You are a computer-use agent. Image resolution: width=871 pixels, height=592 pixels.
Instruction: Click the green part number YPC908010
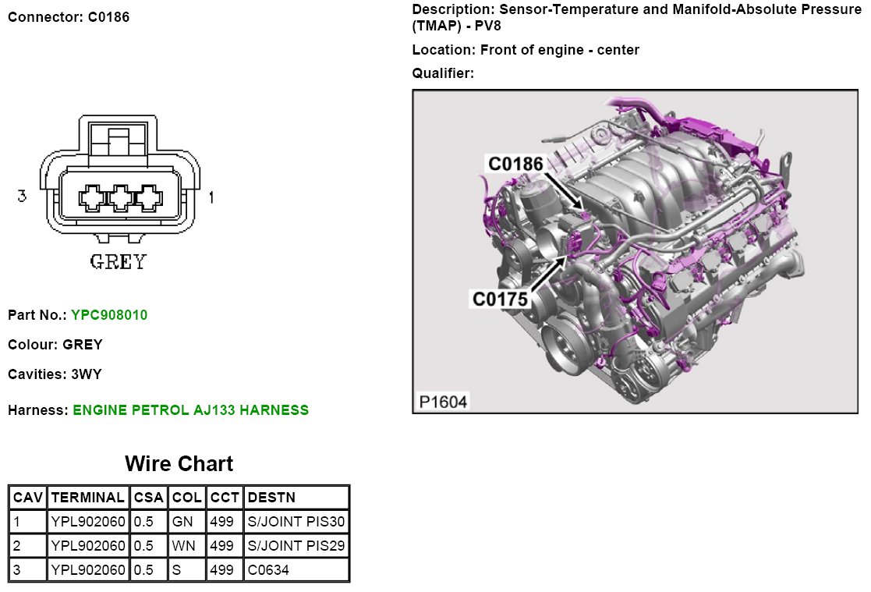coord(109,315)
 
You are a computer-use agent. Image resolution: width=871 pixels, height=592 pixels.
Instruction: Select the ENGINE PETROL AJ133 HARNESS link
coord(190,410)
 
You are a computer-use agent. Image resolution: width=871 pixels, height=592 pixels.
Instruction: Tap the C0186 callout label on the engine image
coord(515,164)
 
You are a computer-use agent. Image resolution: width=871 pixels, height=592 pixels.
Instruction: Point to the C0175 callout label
coord(500,299)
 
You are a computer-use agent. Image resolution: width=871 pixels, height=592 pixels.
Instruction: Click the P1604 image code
coord(443,402)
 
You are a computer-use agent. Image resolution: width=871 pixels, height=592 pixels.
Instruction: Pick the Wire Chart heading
coord(179,463)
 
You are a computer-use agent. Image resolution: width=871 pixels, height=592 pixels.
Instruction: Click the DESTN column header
coord(271,498)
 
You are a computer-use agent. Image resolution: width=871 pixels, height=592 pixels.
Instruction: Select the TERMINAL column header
coord(88,498)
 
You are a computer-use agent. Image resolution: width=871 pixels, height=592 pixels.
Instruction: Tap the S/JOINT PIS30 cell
coord(296,521)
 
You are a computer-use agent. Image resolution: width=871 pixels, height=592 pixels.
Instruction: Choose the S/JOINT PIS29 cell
coord(296,546)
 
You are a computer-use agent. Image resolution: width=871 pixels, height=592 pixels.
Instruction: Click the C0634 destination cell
coord(268,569)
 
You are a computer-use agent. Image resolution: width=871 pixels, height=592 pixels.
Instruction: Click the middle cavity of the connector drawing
coord(121,198)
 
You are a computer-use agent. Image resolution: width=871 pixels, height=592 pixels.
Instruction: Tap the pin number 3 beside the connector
coord(22,196)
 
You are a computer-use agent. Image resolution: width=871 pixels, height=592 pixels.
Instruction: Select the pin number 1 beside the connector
coord(211,197)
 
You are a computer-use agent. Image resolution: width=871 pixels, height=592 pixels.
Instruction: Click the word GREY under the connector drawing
coord(119,262)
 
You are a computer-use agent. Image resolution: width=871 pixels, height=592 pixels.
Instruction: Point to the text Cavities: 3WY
coord(55,374)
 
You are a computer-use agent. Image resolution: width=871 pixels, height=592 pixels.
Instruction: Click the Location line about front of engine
coord(526,50)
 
